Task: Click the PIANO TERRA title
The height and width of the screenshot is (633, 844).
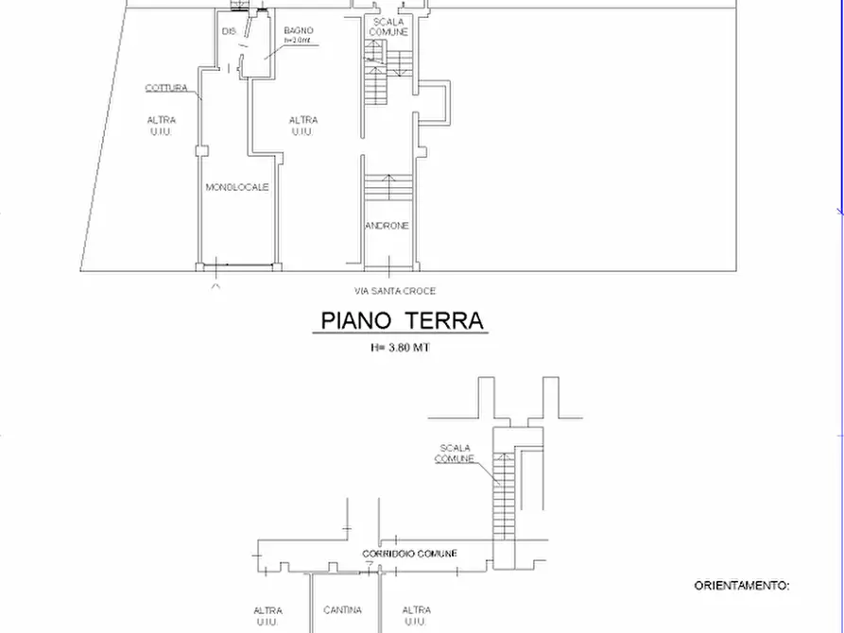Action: coord(402,320)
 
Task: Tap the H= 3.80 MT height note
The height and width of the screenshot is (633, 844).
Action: coord(401,348)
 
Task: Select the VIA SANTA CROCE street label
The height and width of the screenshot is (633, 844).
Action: coord(394,291)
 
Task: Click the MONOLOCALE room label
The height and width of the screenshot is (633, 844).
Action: coord(237,187)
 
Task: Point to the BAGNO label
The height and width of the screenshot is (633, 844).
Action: coord(299,31)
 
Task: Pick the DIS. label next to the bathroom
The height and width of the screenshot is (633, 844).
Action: coord(228,32)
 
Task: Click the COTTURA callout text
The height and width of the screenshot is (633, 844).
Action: coord(165,88)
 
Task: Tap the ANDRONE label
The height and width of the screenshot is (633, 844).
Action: coord(387,226)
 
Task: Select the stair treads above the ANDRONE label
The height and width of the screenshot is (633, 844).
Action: coord(387,187)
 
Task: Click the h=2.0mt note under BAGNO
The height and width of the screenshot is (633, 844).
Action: coord(299,42)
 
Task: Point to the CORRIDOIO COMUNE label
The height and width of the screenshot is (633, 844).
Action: coord(409,554)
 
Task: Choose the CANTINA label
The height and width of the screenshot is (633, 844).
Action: coord(342,610)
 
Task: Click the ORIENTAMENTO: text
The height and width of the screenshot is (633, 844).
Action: coord(742,586)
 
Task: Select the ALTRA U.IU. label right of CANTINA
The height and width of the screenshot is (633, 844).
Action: coord(417,616)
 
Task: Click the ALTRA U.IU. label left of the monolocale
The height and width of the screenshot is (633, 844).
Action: coord(161,126)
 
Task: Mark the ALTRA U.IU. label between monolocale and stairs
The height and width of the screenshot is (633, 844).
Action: coord(303,126)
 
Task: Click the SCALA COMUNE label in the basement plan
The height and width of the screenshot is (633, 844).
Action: coord(455,453)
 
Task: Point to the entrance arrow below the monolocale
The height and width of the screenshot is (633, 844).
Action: coord(215,283)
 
